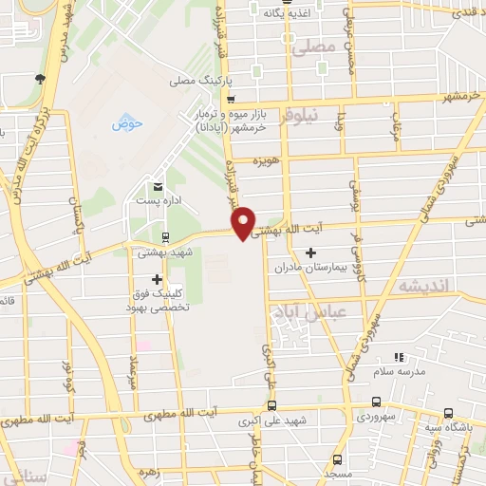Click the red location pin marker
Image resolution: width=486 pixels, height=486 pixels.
[x=243, y=222]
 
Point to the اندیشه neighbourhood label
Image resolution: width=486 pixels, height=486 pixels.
[x=421, y=287]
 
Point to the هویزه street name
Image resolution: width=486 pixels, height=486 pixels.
[x=264, y=161]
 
